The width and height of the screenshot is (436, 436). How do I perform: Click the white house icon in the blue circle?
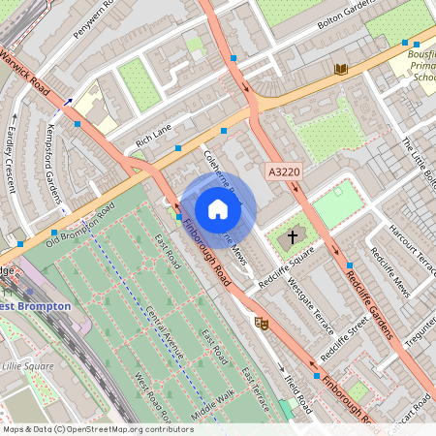pos(218,209)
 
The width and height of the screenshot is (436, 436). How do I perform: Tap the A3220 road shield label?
pos(285,171)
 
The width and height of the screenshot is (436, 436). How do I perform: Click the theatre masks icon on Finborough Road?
pos(260,323)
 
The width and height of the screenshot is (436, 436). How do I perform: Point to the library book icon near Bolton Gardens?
pos(340,68)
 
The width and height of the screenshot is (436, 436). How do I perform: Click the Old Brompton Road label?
pos(80,226)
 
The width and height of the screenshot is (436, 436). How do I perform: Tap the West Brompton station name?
pos(35,306)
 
